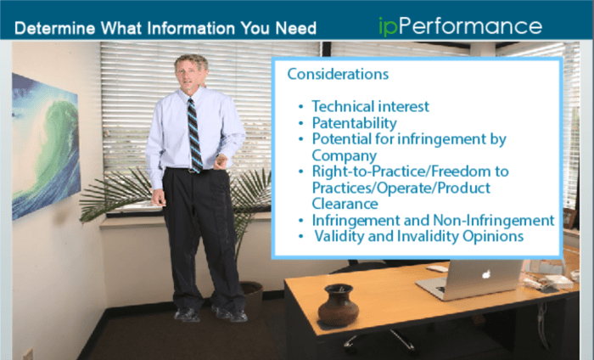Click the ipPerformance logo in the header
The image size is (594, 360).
(x=459, y=25)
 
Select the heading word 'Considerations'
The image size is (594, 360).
(x=338, y=74)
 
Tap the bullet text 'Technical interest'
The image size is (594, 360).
(x=370, y=107)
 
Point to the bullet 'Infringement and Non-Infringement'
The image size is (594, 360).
(x=433, y=220)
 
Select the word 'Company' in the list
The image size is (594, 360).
(x=344, y=155)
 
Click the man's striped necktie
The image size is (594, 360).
(x=194, y=133)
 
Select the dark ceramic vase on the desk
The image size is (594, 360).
(x=337, y=306)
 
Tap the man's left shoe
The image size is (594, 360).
(x=230, y=314)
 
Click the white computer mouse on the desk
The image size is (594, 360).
(x=437, y=268)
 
